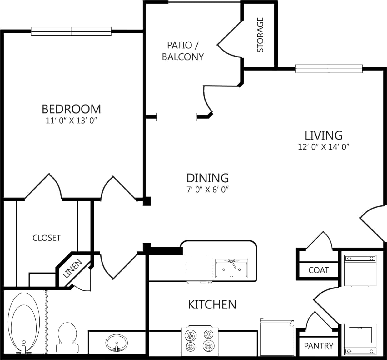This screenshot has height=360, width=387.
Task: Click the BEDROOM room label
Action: point(71,109)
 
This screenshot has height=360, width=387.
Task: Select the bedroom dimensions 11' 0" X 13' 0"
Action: point(71,121)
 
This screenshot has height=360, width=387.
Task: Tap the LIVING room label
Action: point(323,135)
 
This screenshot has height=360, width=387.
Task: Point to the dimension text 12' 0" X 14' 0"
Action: point(323,147)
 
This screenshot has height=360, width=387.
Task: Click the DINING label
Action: point(207,178)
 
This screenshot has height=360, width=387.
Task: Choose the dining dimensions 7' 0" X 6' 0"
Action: point(207,190)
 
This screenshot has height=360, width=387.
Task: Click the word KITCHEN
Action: point(212,304)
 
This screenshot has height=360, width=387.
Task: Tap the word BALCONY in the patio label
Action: point(183,57)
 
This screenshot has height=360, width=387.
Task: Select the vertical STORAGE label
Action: point(260,35)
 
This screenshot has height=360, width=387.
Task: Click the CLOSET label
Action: point(47,238)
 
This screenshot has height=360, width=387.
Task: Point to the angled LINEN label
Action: point(72,269)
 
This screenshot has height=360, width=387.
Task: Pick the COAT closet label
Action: point(318,270)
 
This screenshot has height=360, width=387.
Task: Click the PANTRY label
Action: point(319,346)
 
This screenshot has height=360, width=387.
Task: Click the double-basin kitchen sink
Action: point(231,269)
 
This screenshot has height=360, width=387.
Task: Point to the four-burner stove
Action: point(200,341)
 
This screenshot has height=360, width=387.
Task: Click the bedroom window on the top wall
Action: point(71,32)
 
